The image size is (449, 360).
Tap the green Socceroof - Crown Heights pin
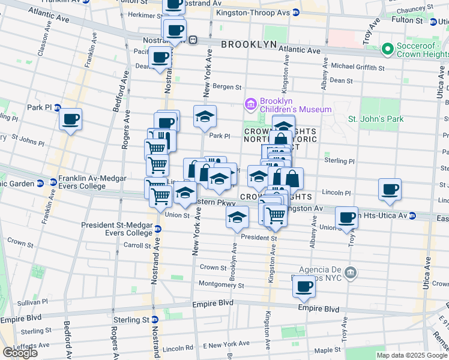[x=388, y=48]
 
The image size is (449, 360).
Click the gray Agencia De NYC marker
[x=351, y=273]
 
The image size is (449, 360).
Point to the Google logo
[x=20, y=353]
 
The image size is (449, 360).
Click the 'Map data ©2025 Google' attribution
[x=412, y=355]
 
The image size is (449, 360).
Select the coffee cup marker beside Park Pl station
[x=71, y=119]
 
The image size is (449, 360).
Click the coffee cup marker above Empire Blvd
[x=304, y=286]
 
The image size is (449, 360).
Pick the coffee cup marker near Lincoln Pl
[x=390, y=188]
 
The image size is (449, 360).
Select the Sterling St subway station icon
[x=154, y=320]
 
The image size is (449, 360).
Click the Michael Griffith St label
[x=356, y=65]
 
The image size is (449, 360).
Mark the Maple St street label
[x=327, y=349]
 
